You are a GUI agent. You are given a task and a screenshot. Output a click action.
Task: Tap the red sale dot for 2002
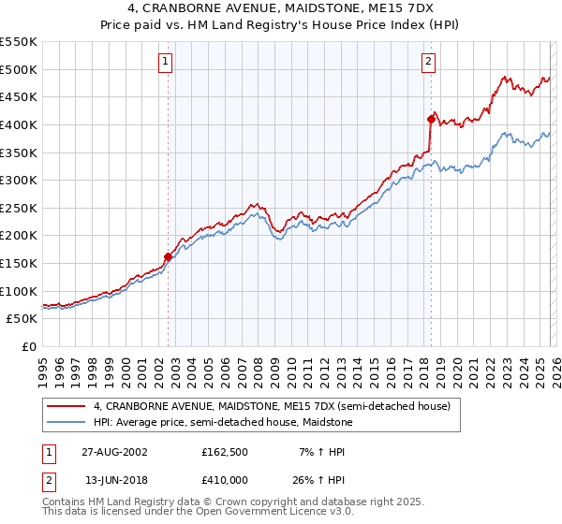pos(169,256)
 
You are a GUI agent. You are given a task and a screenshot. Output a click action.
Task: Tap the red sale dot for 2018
pos(431,119)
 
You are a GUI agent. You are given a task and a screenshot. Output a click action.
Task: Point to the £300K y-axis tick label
pos(19,180)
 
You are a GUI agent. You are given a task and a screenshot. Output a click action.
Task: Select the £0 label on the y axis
pos(28,346)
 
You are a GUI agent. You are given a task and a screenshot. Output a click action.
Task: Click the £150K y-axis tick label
pos(19,263)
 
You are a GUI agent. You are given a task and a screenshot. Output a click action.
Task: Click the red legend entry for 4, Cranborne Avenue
pos(272,406)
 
